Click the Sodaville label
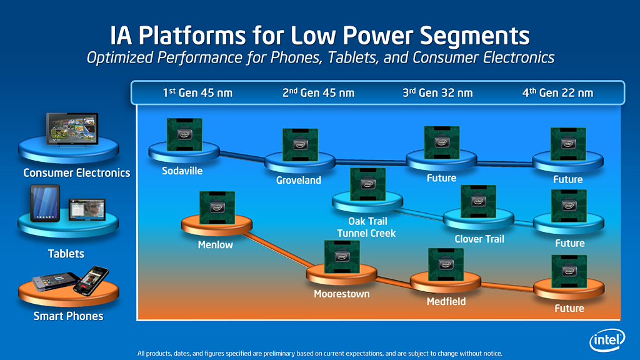click(x=182, y=170)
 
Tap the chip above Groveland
click(x=300, y=145)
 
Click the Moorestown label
click(x=341, y=294)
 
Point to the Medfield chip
click(x=446, y=265)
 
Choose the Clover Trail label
click(x=479, y=239)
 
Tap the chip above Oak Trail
click(x=367, y=184)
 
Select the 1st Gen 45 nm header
click(x=197, y=92)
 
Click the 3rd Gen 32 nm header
click(x=437, y=92)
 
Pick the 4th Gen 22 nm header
click(x=557, y=92)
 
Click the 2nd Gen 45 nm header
click(x=318, y=92)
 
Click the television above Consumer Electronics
click(x=72, y=130)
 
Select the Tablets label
click(x=66, y=254)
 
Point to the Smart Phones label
click(x=68, y=316)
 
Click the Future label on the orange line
click(x=569, y=308)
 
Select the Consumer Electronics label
click(x=76, y=172)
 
